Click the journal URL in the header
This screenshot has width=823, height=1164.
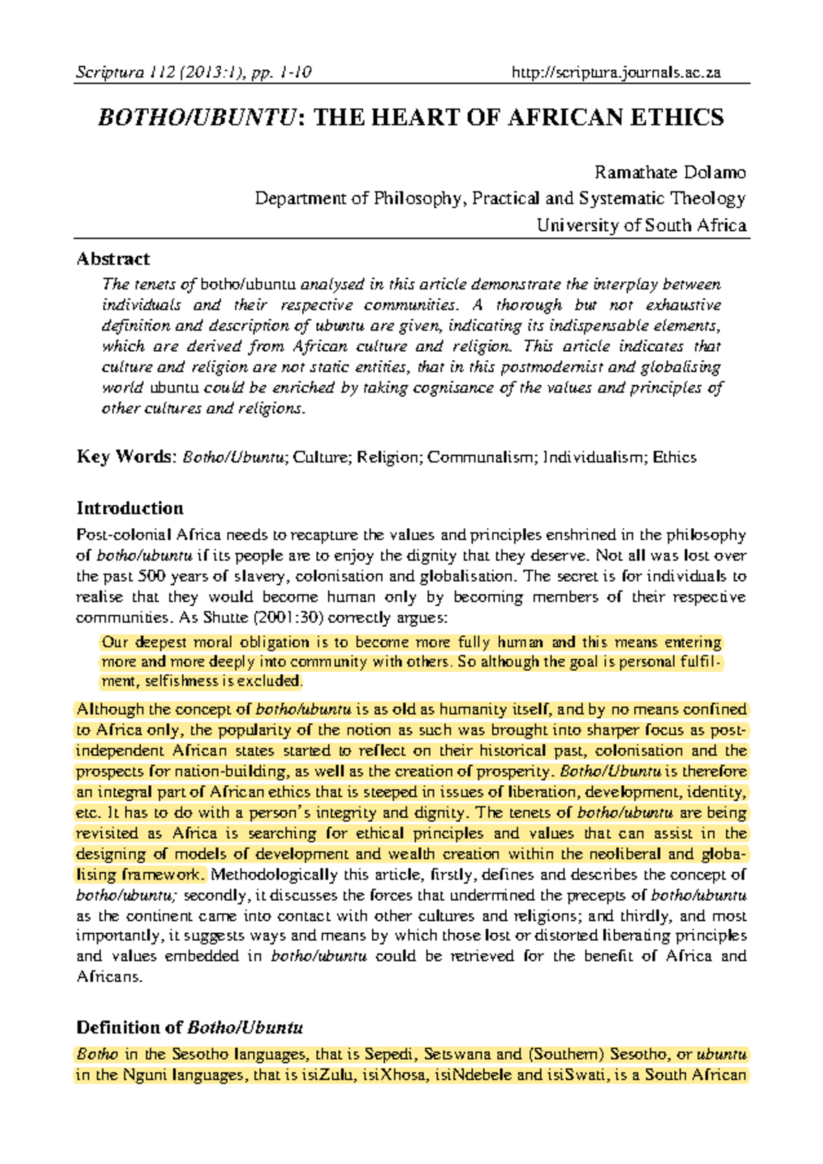[616, 72]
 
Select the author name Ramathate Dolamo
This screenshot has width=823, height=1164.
[669, 172]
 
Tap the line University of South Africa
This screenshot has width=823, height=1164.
[641, 226]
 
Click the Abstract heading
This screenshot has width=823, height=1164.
[112, 259]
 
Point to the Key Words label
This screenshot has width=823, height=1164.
[126, 457]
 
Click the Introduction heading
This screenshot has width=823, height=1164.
[130, 508]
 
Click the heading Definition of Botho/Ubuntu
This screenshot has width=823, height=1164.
[189, 1028]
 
